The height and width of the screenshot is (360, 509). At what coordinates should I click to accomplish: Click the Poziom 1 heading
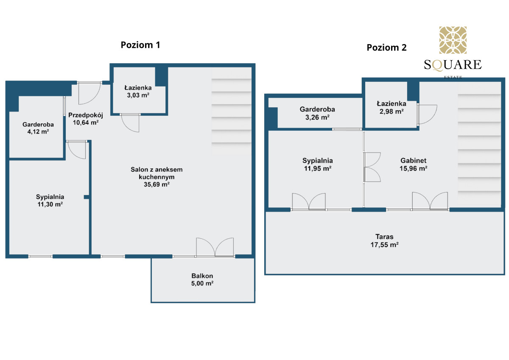[x=140, y=45]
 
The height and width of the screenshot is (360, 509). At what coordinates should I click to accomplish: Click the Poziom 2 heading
[x=386, y=47]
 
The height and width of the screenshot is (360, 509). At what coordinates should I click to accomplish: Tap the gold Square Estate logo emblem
[x=453, y=40]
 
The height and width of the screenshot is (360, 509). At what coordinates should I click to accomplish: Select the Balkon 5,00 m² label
[x=202, y=279]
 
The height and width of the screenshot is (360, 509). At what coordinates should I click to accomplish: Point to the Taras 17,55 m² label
[x=384, y=240]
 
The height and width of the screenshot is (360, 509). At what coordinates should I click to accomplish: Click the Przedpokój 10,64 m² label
[x=86, y=119]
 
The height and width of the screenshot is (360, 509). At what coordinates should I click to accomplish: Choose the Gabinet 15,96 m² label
[x=413, y=164]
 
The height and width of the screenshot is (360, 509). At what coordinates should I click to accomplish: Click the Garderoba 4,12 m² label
[x=38, y=128]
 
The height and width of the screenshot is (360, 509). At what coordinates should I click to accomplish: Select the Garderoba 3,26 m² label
[x=317, y=113]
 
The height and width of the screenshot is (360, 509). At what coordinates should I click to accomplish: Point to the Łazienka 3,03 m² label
[x=138, y=91]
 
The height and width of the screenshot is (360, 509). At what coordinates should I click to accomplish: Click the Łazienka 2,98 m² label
[x=391, y=107]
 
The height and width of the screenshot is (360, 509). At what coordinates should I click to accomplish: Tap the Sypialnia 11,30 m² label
[x=50, y=200]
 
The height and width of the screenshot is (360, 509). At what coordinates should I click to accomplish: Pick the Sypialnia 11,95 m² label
[x=317, y=164]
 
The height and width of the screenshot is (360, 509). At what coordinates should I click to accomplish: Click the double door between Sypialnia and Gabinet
[x=372, y=167]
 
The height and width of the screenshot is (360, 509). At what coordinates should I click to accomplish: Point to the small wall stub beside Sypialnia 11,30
[x=87, y=197]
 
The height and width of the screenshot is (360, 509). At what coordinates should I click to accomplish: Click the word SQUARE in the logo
[x=453, y=65]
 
